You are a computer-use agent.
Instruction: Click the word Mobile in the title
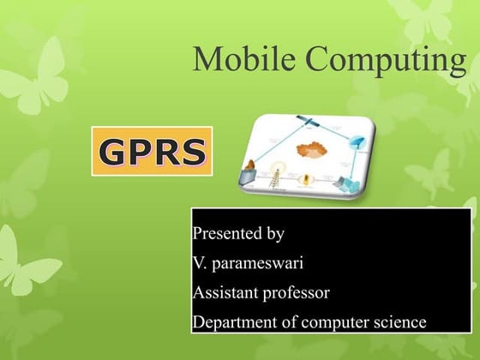coord(245,60)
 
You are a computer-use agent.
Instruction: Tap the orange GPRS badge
coord(153,152)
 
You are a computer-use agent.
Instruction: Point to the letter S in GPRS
coord(193,152)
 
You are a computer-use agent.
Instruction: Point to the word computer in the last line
coord(329,323)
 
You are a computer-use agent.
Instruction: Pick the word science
coord(396,322)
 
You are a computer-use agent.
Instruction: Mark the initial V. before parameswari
coord(200,262)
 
